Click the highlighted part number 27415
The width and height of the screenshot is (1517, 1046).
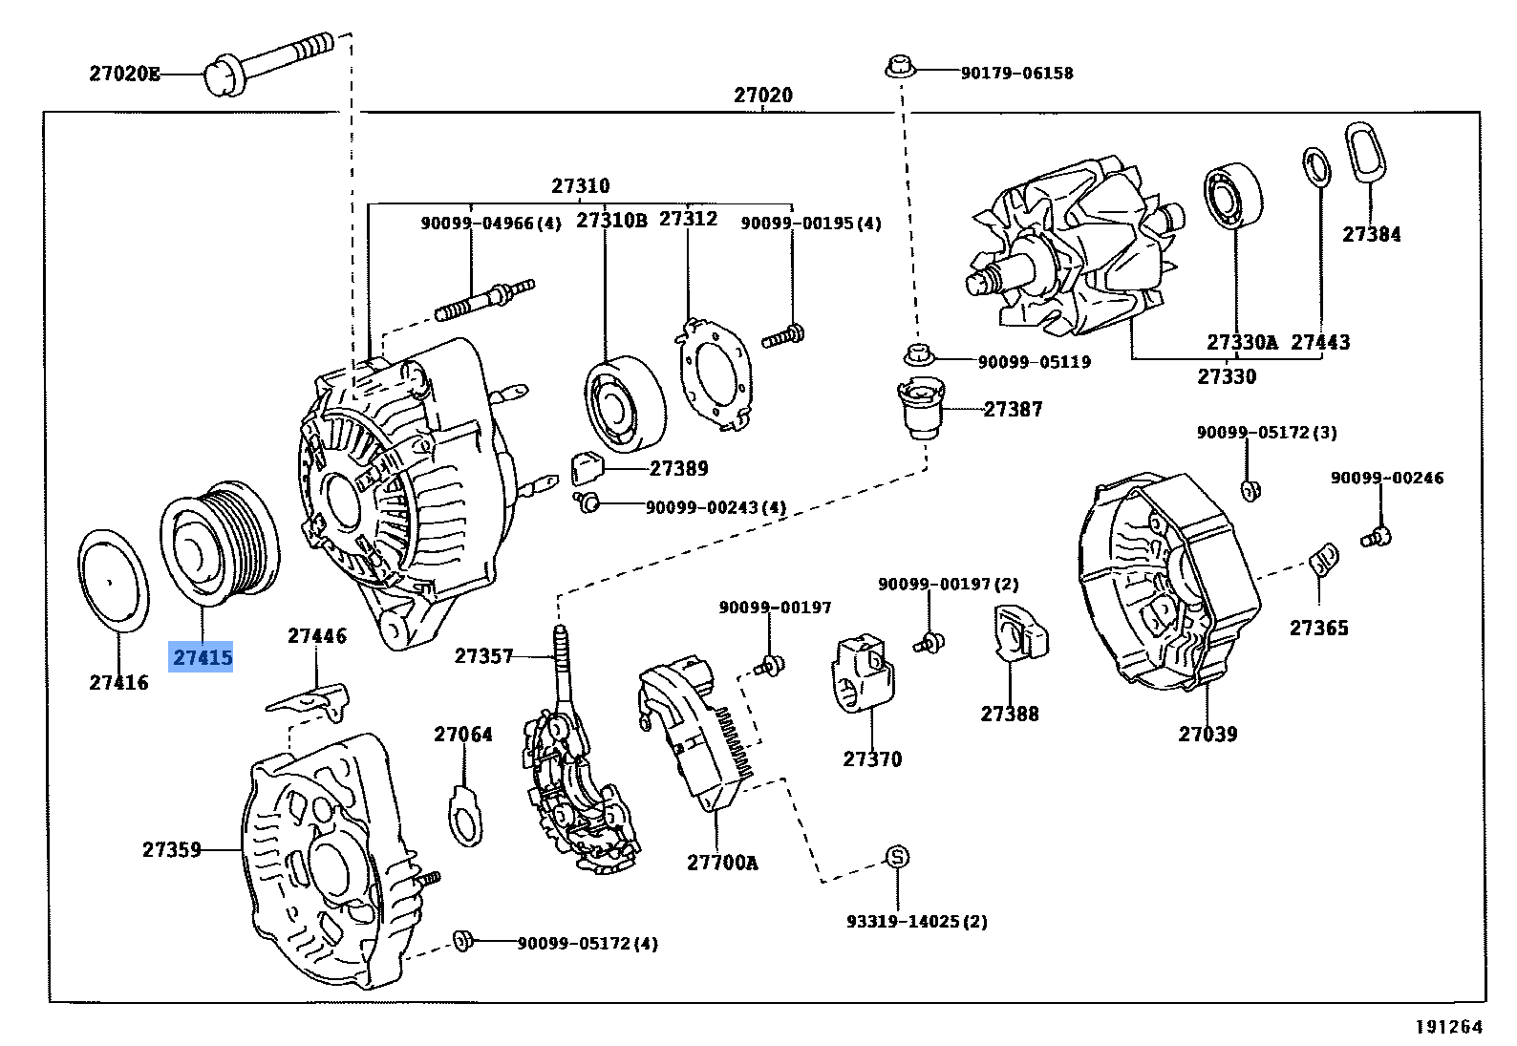click(202, 658)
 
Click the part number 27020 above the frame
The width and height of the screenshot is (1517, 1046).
click(762, 96)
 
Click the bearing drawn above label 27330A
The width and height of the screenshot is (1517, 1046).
click(1233, 197)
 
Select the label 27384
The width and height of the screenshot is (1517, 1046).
click(1371, 234)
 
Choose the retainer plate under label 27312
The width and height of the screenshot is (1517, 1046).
click(715, 373)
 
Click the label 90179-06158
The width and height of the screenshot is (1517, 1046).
click(1016, 73)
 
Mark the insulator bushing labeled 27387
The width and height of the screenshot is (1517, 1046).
click(918, 408)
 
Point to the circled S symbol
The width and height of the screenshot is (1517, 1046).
click(896, 857)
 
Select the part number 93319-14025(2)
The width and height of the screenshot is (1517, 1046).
click(916, 922)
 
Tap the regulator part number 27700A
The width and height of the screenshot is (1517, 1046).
click(721, 863)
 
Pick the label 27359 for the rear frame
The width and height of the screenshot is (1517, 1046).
click(172, 849)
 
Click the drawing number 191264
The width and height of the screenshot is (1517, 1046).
click(1448, 1027)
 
